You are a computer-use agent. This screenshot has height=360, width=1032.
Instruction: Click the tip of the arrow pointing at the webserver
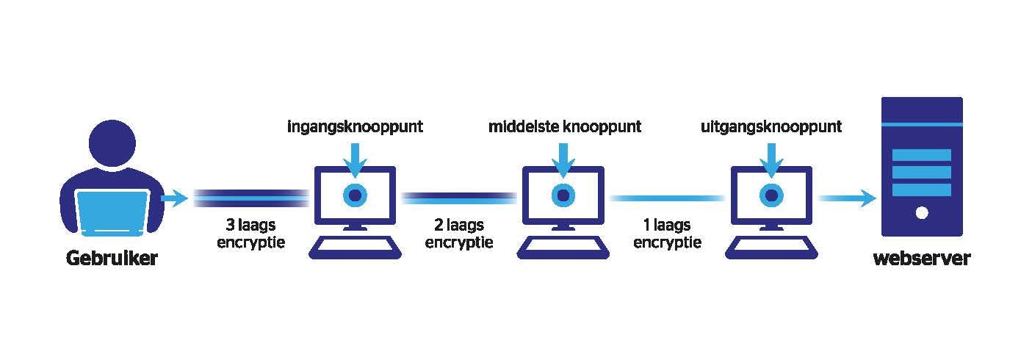pos(876,198)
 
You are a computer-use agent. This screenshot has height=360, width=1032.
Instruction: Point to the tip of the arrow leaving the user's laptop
pos(188,198)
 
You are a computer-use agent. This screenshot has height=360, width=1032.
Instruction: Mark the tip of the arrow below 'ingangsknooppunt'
pos(356,178)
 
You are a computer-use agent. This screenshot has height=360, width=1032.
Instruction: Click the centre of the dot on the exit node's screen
pos(772,195)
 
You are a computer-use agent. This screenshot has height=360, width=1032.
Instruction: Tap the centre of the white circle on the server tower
pos(922,213)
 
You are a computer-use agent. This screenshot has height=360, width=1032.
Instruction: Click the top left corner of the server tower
pos(882,97)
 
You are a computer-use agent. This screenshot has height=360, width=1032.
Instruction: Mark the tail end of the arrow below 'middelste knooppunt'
pos(563,144)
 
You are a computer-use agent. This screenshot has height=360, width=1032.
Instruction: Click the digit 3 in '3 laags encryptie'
pos(231,225)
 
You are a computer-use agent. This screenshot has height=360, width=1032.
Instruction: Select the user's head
pos(112,143)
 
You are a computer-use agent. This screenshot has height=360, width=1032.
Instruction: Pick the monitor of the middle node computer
pos(563,195)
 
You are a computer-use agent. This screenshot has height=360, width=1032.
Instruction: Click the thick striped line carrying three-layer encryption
pos(251,198)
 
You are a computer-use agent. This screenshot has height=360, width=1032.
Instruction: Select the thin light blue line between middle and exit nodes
pos(667,198)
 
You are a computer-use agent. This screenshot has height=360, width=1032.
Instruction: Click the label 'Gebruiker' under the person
pos(112,258)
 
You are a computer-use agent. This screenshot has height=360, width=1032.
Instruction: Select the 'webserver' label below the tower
pos(922,258)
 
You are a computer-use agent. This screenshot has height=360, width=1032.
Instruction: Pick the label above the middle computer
pos(565,127)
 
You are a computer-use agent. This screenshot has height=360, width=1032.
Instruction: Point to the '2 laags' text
pos(459,225)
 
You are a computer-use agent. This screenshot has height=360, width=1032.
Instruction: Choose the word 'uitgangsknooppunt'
pos(771,127)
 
